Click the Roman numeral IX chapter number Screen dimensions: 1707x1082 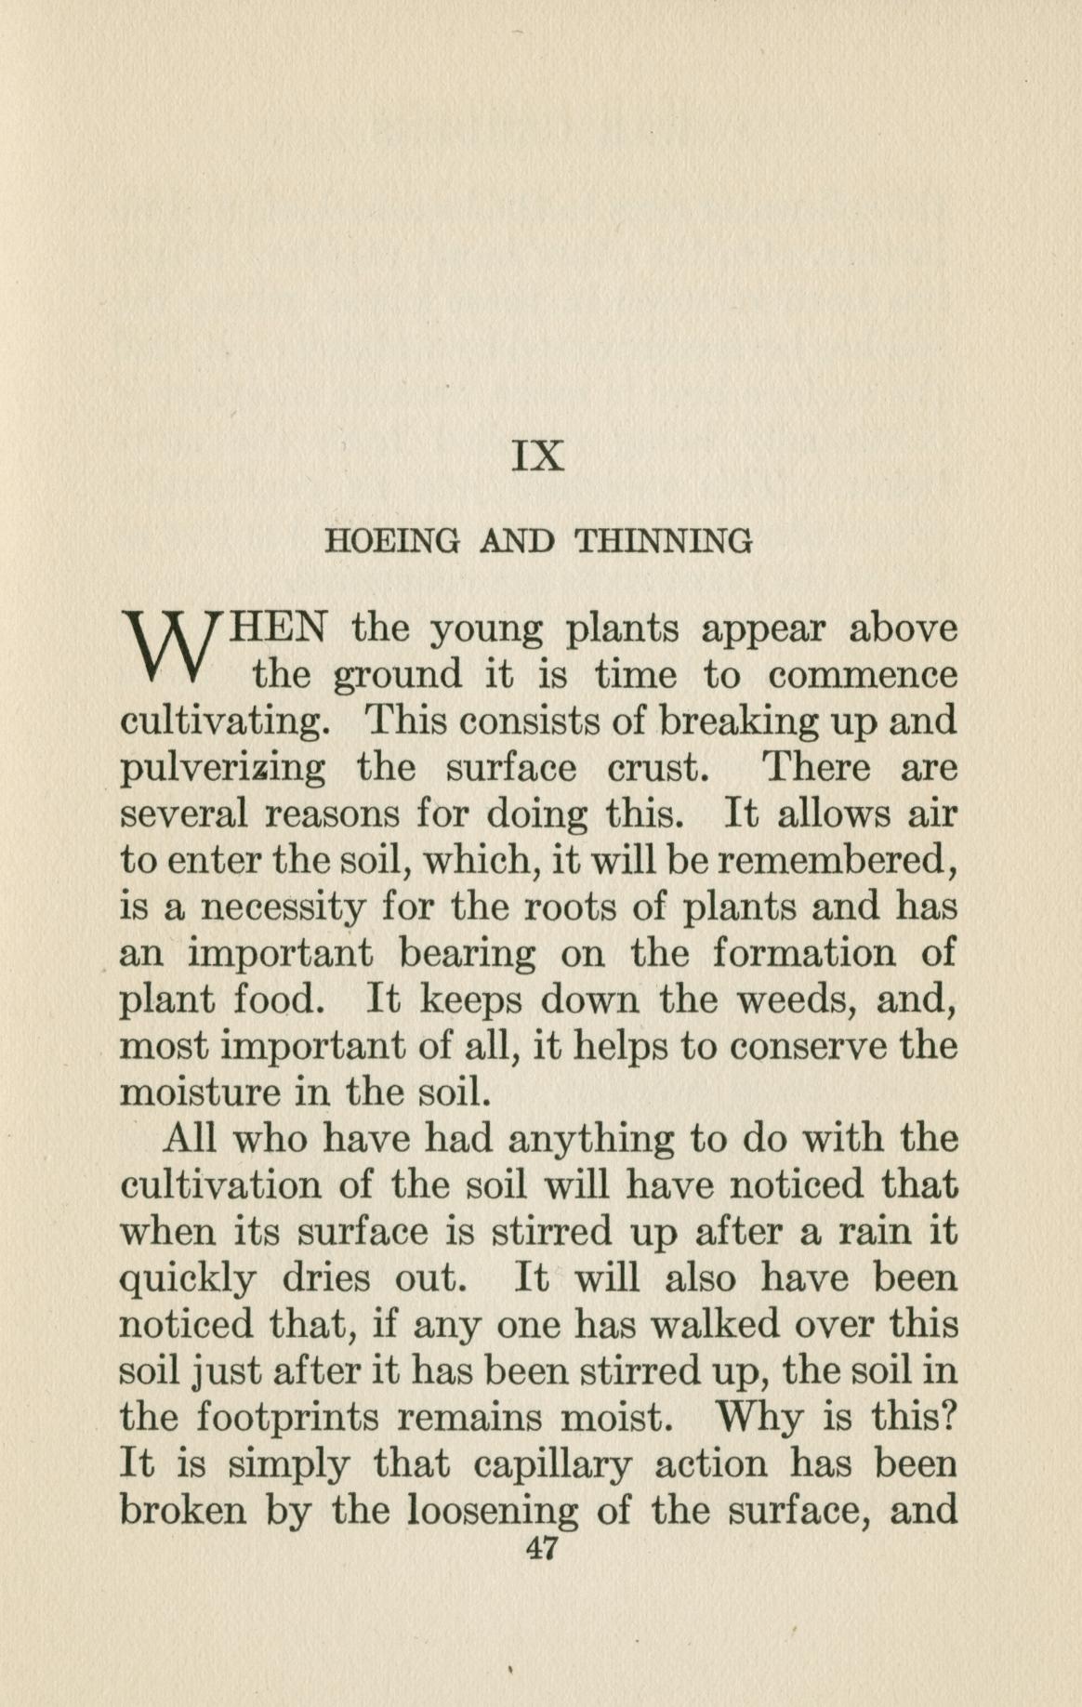click(538, 456)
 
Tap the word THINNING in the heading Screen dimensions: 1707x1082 click(664, 541)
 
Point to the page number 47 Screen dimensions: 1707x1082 click(540, 1548)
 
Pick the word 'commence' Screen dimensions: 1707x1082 click(863, 676)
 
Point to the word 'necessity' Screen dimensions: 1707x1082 click(284, 908)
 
